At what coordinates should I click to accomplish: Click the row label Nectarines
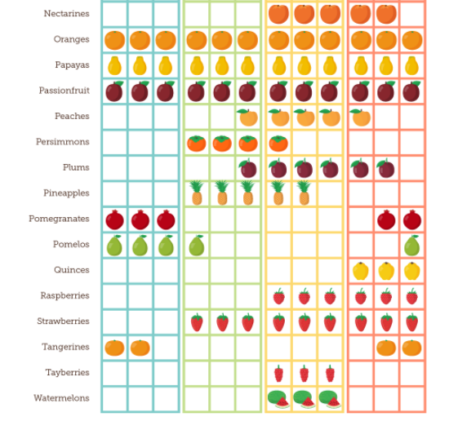pos(66,13)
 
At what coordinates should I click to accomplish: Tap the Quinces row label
pos(72,270)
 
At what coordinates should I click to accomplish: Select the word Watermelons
pos(61,398)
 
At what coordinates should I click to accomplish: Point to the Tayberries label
pos(68,372)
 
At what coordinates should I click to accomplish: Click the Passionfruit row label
pos(64,91)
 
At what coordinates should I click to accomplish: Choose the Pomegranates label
pos(60,219)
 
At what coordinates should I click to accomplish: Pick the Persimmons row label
pos(63,142)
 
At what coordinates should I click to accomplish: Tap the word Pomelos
pos(71,244)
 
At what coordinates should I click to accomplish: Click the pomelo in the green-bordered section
pos(197,246)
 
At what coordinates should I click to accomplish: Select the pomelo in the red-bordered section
pos(411,246)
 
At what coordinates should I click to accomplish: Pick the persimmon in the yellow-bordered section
pos(278,144)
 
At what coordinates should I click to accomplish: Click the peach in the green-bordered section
pos(247,117)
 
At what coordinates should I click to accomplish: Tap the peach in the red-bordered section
pos(361,117)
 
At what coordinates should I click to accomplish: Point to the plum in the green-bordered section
pos(248,168)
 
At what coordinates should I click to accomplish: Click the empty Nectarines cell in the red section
pos(411,15)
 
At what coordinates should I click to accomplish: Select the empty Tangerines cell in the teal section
pos(166,348)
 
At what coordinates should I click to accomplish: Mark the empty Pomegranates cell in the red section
pos(361,219)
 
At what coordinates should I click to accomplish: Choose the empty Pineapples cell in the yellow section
pos(330,194)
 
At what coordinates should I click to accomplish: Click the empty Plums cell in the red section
pos(411,168)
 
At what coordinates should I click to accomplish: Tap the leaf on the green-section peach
pos(242,111)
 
